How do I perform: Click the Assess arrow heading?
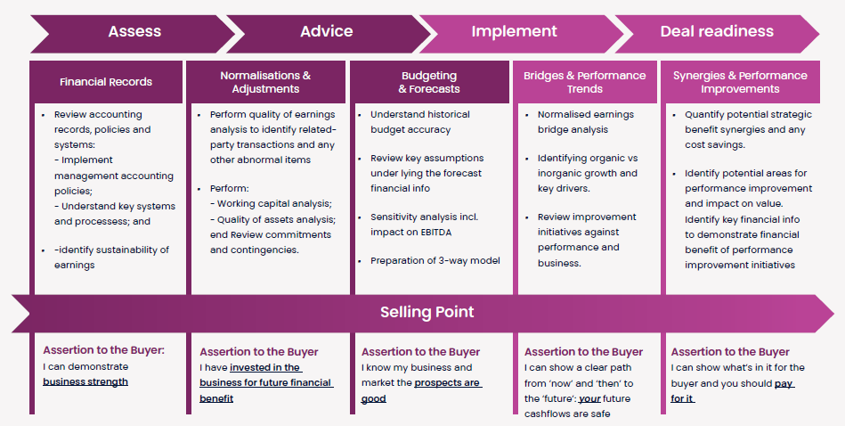tap(134, 31)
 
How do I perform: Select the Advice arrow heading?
tap(327, 31)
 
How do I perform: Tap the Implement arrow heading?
tap(514, 31)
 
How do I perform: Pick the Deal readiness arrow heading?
tap(717, 31)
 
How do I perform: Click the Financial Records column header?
tap(106, 82)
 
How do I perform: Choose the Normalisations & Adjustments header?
tap(265, 82)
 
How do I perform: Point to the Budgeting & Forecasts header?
tap(429, 82)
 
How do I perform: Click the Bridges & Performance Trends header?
tap(585, 82)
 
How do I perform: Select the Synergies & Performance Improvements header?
tap(740, 82)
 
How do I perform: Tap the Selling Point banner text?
tap(427, 312)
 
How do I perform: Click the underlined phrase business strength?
tap(85, 381)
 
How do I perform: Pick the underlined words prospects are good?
tap(421, 390)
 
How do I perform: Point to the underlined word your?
tap(589, 399)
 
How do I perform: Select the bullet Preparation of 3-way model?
tap(435, 260)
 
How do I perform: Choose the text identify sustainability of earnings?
tap(111, 258)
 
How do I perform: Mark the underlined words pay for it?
tap(733, 391)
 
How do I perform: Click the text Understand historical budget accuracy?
tap(419, 122)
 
